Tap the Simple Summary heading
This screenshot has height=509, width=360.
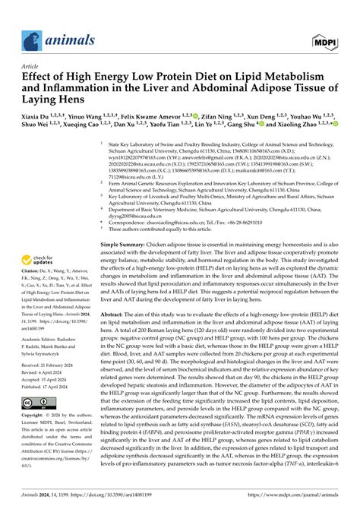[x=125, y=244]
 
